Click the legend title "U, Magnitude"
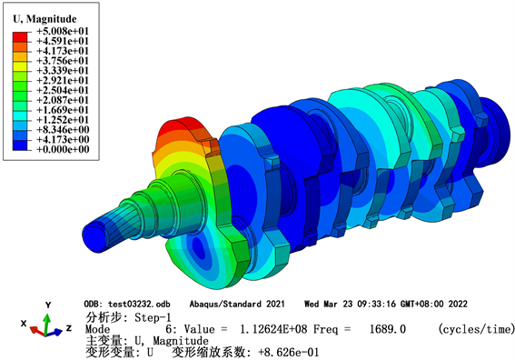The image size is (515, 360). pos(45,19)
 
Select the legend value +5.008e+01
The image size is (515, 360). pos(63,31)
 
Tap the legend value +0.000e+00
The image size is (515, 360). pos(63,150)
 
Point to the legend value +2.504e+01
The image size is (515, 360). pos(63,90)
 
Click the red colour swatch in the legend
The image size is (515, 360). pos(20,37)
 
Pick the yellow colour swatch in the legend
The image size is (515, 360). pos(20,66)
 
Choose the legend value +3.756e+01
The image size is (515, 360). pos(63,61)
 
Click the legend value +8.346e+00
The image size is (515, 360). pos(63,130)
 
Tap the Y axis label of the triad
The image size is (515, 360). pos(48,305)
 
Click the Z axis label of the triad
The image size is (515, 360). pos(69,328)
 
